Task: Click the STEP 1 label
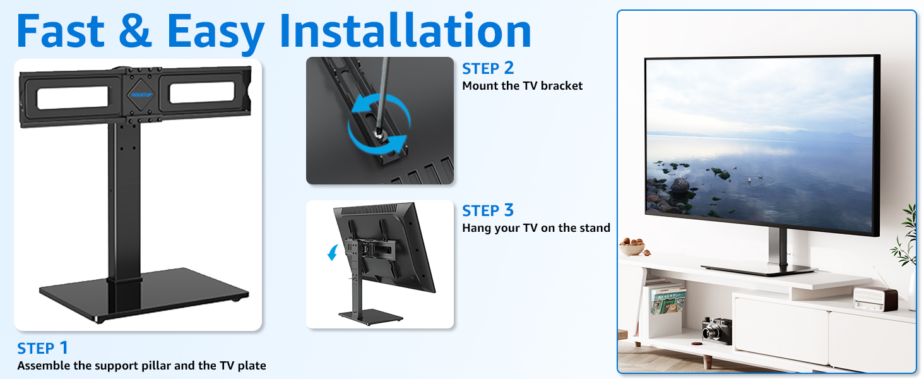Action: tap(42, 348)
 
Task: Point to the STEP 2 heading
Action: tap(488, 68)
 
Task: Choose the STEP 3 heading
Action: tap(488, 210)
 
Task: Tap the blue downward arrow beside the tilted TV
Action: tap(331, 253)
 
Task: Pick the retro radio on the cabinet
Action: tap(875, 297)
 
